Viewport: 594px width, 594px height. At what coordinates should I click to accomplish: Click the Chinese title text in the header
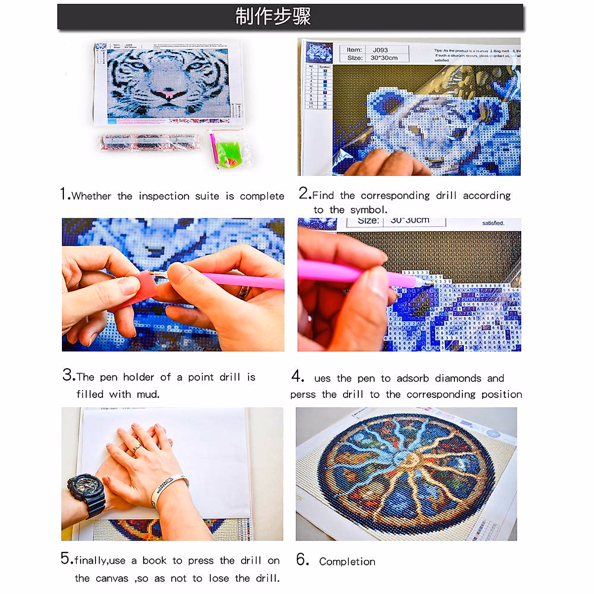click(273, 17)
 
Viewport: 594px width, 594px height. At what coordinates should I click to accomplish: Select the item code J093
click(380, 50)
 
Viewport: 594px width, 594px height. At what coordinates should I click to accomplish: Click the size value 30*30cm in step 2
click(384, 58)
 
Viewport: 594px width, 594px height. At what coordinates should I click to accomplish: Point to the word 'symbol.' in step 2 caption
click(369, 210)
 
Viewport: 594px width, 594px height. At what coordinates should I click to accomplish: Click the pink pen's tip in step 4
click(429, 283)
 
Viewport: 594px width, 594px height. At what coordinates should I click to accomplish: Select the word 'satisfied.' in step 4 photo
click(493, 223)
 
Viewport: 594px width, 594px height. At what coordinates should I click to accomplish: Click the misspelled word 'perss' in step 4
click(302, 395)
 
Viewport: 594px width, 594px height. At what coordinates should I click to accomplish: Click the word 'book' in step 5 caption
click(154, 561)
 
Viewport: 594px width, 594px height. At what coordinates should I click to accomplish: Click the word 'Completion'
click(347, 562)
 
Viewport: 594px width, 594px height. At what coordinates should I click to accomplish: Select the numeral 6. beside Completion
click(302, 560)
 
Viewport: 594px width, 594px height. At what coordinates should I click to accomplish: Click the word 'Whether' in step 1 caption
click(92, 196)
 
